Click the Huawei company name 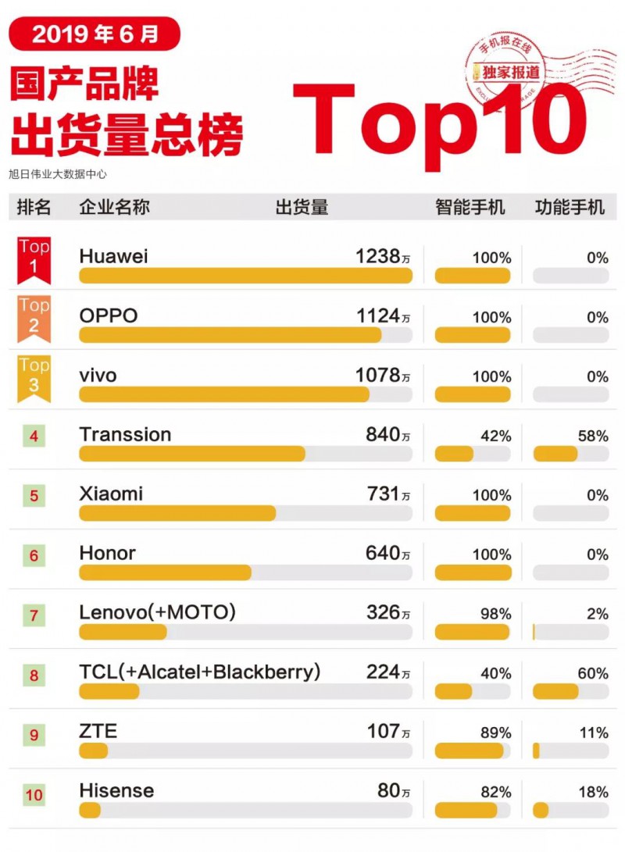click(x=113, y=257)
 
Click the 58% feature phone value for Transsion click(x=593, y=436)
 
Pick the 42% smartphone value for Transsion click(x=496, y=436)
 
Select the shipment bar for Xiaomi click(x=177, y=513)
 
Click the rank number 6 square click(x=34, y=556)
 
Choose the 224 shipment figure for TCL click(x=383, y=672)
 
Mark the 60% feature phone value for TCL click(x=593, y=673)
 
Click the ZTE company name click(x=98, y=731)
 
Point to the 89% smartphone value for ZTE click(x=496, y=733)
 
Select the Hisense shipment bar click(x=90, y=810)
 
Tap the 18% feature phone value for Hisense click(x=593, y=792)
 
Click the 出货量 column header click(x=302, y=207)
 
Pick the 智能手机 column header click(x=470, y=207)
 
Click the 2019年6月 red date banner click(x=95, y=34)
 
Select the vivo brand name click(x=98, y=376)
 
